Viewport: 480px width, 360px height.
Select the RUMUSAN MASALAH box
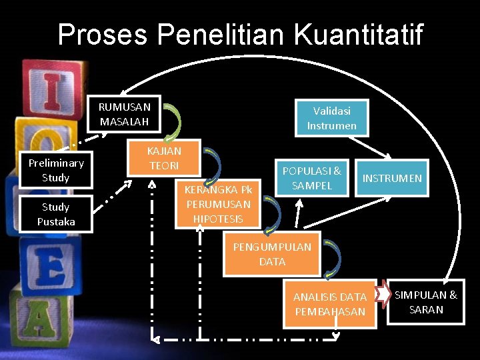pyautogui.click(x=125, y=114)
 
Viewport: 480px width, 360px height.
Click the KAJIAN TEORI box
pyautogui.click(x=164, y=158)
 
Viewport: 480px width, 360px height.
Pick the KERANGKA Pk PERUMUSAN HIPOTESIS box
pyautogui.click(x=218, y=204)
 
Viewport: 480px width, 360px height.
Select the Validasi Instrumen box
pyautogui.click(x=331, y=118)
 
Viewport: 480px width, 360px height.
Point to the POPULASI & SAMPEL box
pyautogui.click(x=311, y=178)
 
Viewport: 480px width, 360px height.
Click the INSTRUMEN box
pyautogui.click(x=391, y=178)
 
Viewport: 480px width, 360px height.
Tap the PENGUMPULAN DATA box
pyautogui.click(x=271, y=254)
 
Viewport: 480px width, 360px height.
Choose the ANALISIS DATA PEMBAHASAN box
pyautogui.click(x=330, y=304)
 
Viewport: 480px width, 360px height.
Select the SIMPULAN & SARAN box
pyautogui.click(x=426, y=302)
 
